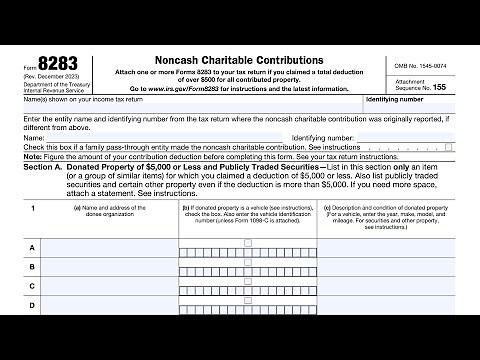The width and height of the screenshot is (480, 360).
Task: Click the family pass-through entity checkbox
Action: pyautogui.click(x=449, y=147)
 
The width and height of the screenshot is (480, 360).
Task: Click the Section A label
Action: pyautogui.click(x=52, y=168)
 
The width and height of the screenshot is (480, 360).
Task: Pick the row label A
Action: pyautogui.click(x=32, y=247)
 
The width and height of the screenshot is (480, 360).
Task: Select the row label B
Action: pyautogui.click(x=32, y=266)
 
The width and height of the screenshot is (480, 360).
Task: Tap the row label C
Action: pyautogui.click(x=32, y=285)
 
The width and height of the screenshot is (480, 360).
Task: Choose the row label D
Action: pyautogui.click(x=32, y=304)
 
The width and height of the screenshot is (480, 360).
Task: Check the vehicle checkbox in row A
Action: pyautogui.click(x=188, y=247)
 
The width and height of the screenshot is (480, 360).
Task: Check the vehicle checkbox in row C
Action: pyautogui.click(x=188, y=285)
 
